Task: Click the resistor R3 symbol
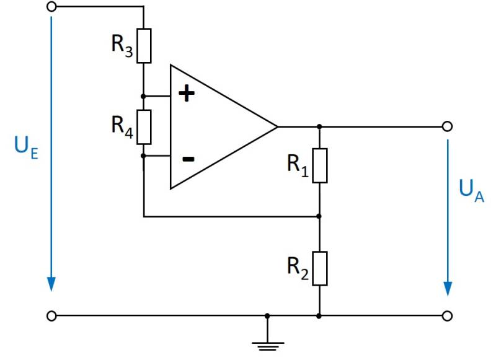(x=143, y=46)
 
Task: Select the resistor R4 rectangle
(x=143, y=126)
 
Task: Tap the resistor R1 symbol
(x=319, y=165)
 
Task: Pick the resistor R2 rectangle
(x=319, y=268)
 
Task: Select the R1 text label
(x=298, y=165)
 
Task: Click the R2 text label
(x=298, y=267)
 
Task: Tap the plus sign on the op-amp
(x=186, y=94)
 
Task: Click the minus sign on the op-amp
(x=188, y=159)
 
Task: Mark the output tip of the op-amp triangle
(x=277, y=126)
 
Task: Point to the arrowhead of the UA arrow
(x=447, y=288)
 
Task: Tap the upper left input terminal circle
(x=51, y=6)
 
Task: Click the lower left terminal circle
(x=51, y=315)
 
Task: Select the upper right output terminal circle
(x=447, y=126)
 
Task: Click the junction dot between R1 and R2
(x=319, y=217)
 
